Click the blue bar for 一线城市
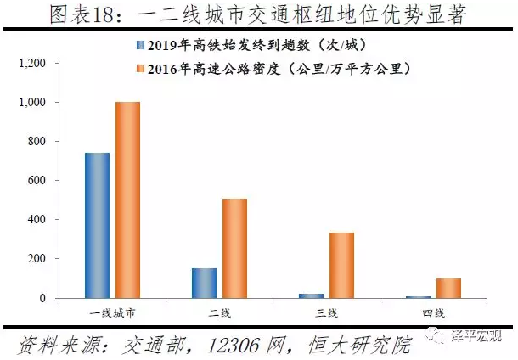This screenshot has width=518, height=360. click(x=98, y=225)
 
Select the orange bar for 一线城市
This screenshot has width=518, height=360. click(x=127, y=200)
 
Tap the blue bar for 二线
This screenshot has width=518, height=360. click(x=204, y=283)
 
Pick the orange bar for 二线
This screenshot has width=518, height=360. click(x=234, y=248)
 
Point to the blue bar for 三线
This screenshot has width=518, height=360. click(x=311, y=295)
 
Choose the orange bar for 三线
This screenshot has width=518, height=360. click(x=341, y=265)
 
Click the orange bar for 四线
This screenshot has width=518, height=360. click(x=448, y=288)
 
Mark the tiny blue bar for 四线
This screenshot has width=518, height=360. click(x=418, y=296)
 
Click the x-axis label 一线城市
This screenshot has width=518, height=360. click(x=112, y=312)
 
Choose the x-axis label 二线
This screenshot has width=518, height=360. click(x=219, y=312)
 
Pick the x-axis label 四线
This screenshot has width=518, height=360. click(x=433, y=312)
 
